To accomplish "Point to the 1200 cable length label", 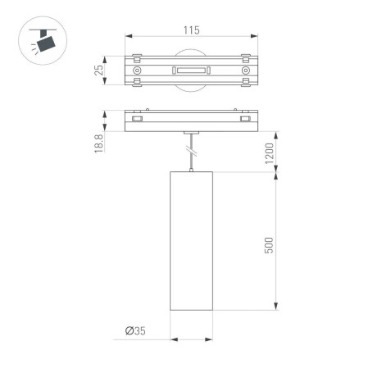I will tap(268, 152).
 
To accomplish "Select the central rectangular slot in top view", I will tap(190, 72).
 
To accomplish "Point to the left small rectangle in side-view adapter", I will tap(137, 120).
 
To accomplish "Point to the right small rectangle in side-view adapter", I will tap(244, 120).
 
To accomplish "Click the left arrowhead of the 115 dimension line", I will tap(129, 36).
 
